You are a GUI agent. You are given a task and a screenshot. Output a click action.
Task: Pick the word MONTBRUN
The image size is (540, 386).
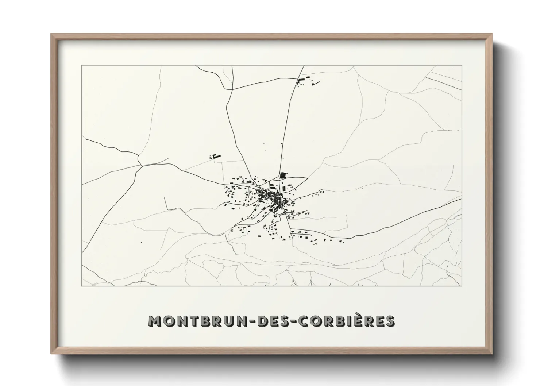click(x=198, y=321)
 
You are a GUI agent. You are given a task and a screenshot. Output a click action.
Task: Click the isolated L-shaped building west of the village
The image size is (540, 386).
click(x=216, y=156)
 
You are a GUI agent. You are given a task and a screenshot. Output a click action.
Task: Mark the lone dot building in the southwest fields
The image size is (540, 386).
click(x=141, y=242)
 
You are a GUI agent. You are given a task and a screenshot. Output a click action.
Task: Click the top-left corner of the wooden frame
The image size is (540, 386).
click(x=51, y=34)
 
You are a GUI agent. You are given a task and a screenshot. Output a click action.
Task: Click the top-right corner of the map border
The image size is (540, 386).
click(x=462, y=65)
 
